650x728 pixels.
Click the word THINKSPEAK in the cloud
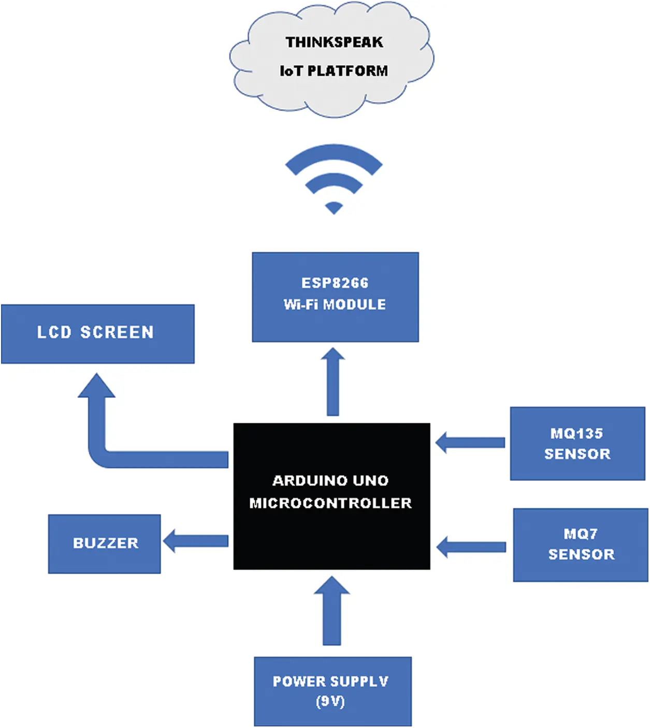click(x=334, y=42)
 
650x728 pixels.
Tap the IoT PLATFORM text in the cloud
click(x=334, y=70)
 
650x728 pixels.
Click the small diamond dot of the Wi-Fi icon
click(x=334, y=208)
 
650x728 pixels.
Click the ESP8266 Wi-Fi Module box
click(x=335, y=297)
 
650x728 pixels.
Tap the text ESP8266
click(x=335, y=283)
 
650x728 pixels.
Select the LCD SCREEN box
click(x=98, y=334)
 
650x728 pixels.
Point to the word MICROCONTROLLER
click(x=330, y=503)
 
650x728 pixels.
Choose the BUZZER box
click(x=104, y=544)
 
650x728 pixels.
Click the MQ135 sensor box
click(x=577, y=444)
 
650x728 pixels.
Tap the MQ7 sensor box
click(x=581, y=545)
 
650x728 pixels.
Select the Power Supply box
click(x=333, y=692)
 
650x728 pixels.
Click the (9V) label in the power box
click(x=330, y=702)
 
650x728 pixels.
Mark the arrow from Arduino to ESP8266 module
click(x=333, y=382)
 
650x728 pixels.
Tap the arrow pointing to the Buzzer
click(x=196, y=541)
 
